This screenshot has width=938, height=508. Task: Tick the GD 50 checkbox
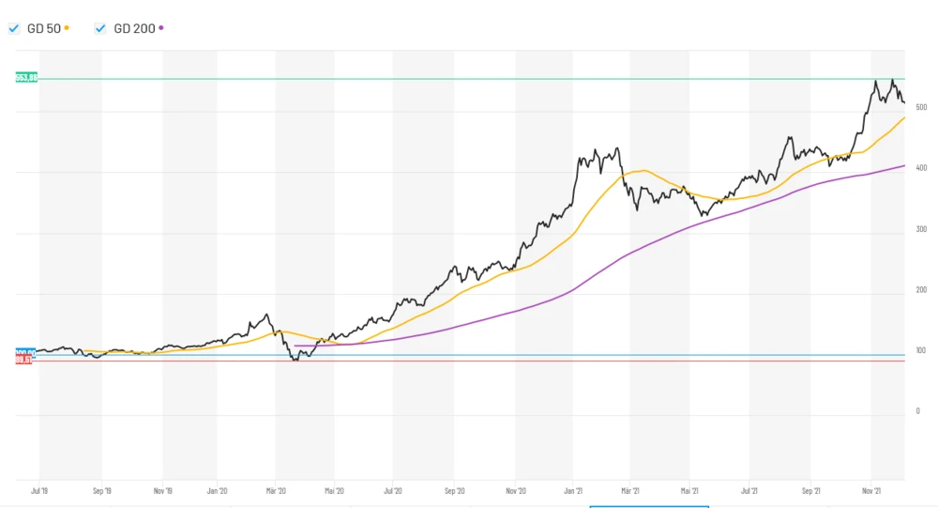tap(14, 29)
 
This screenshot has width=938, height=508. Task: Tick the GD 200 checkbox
tap(100, 29)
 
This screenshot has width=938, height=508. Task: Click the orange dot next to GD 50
tap(68, 28)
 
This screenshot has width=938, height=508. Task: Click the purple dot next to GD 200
tap(161, 28)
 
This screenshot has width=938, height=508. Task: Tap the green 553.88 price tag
tap(26, 78)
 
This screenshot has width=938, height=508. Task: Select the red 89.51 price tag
tap(23, 361)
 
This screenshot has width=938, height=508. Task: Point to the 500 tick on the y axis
tap(921, 108)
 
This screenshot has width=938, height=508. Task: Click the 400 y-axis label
tap(921, 168)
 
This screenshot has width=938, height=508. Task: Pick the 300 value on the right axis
tap(921, 229)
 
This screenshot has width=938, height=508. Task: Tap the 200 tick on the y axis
tap(921, 290)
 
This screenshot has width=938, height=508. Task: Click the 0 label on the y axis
tap(917, 411)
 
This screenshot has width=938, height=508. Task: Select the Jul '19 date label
tap(39, 490)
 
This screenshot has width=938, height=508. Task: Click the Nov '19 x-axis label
tap(162, 490)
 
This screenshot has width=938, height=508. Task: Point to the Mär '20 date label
tap(276, 490)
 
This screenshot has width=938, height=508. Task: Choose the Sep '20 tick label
tap(454, 490)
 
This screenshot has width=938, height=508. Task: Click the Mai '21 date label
tap(690, 490)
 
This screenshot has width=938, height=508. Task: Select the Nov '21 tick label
tap(871, 490)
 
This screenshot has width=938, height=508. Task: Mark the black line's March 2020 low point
tap(296, 360)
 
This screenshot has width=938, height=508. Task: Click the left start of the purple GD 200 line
tap(295, 346)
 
